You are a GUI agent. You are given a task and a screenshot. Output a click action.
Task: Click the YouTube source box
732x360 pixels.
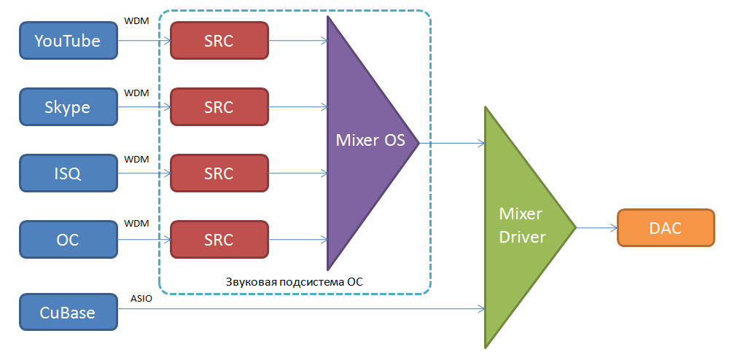tap(68, 41)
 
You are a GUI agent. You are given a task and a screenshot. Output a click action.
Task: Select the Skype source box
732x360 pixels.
tap(68, 107)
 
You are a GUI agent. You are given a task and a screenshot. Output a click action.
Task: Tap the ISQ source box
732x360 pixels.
tap(68, 173)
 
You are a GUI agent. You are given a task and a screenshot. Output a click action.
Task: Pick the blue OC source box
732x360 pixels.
tap(68, 240)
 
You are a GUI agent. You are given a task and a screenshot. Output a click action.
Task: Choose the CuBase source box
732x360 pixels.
tap(68, 313)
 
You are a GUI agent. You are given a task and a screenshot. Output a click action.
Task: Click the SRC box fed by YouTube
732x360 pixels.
tap(219, 41)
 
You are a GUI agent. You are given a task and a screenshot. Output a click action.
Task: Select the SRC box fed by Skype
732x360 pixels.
tap(219, 107)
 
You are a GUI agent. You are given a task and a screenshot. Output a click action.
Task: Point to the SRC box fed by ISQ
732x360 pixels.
tap(219, 173)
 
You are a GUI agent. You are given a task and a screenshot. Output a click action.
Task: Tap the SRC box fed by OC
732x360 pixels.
tap(219, 240)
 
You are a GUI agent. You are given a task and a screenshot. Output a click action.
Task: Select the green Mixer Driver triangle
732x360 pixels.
tap(521, 226)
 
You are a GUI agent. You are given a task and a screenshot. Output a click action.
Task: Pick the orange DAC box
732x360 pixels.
tap(665, 228)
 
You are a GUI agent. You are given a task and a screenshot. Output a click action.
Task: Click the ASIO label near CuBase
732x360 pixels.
tap(141, 299)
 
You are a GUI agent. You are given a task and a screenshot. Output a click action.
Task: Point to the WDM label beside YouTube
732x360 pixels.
tap(136, 21)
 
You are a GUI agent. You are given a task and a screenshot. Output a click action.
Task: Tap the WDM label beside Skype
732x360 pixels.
tap(136, 93)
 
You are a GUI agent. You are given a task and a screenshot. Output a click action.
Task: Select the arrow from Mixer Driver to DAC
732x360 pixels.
tap(596, 228)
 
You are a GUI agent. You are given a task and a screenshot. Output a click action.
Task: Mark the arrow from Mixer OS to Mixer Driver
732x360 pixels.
tap(452, 143)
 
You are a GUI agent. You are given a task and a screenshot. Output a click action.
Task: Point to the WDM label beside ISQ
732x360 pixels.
tap(136, 159)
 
